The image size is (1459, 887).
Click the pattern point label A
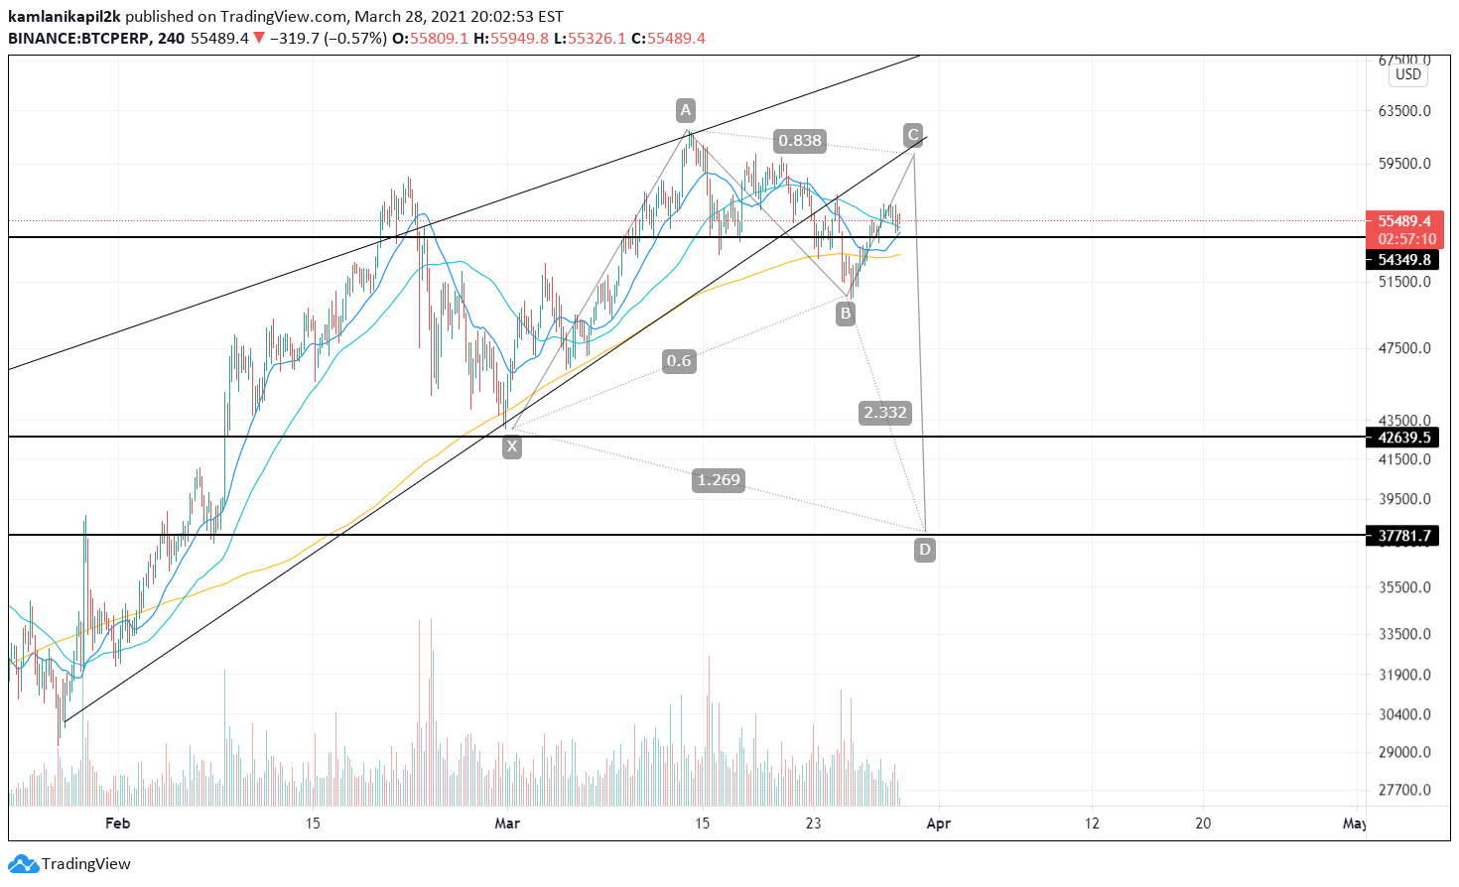coord(685,109)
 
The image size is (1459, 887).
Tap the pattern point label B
coord(845,314)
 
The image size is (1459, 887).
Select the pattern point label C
coord(913,135)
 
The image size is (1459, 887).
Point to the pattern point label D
coord(924,550)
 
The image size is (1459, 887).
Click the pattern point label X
coord(511,446)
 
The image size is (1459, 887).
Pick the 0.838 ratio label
coord(799,141)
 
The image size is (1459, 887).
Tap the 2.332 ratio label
coord(884,413)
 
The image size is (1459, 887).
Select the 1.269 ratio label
coord(718,480)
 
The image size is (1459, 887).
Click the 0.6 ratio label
coord(679,361)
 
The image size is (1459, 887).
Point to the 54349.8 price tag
coord(1403,260)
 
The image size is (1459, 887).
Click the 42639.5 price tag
coord(1403,438)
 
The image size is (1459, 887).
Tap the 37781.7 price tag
coord(1403,536)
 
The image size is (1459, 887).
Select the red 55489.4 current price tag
coord(1403,221)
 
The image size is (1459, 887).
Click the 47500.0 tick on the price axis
coord(1404,348)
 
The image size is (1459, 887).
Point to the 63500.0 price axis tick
coord(1404,111)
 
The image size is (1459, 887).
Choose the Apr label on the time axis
coord(938,824)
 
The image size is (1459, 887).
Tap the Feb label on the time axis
coord(117,824)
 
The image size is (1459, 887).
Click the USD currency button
coord(1407,74)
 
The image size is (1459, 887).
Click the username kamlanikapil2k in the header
coord(64,17)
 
